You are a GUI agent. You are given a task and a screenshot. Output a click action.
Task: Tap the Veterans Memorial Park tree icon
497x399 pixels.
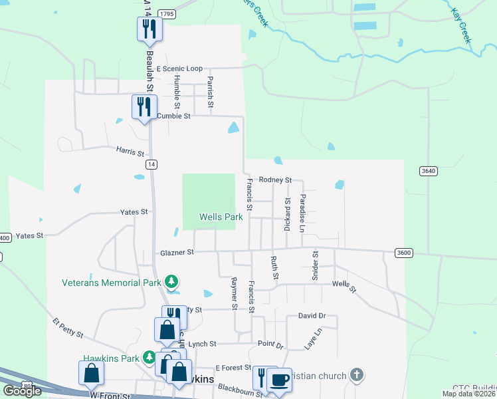pos(172,282)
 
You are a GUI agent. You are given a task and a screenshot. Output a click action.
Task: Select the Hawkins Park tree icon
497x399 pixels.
pos(149,358)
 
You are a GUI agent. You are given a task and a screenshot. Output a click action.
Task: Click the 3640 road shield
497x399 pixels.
pos(429,171)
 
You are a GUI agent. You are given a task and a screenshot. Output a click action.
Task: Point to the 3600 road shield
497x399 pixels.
pos(403,252)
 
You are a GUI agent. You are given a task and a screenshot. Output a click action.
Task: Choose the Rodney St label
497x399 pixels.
pos(276,180)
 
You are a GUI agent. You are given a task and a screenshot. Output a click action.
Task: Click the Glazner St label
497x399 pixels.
pos(177,253)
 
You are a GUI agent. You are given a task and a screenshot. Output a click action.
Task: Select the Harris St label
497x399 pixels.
pos(130,150)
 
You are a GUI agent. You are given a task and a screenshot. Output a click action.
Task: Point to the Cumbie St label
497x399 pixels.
pos(174,116)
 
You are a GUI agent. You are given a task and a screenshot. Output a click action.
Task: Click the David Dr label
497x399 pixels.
pos(312,316)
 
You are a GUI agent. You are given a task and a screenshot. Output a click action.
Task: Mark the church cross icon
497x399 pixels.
pos(357,375)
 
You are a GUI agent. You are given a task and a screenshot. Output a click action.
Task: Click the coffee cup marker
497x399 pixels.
pos(279,380)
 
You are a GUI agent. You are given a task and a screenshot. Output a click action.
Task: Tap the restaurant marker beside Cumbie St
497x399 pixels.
pos(144,106)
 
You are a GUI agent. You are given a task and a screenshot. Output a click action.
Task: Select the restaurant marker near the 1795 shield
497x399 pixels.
pos(149,28)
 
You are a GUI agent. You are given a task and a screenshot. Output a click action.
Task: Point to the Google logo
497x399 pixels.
pos(22,391)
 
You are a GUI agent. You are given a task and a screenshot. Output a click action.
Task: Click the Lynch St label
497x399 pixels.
pos(203,344)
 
